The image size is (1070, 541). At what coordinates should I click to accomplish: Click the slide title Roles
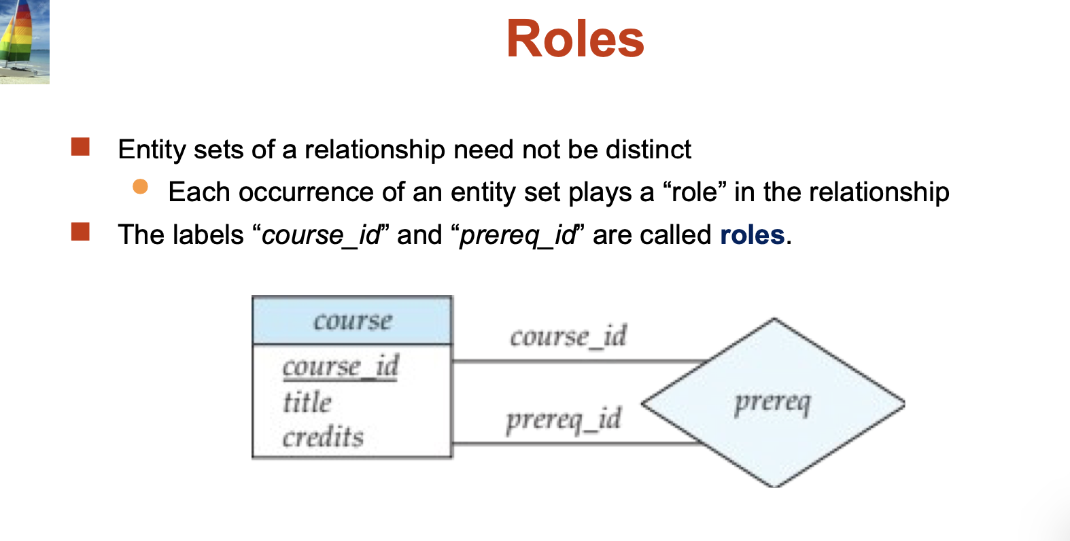click(575, 39)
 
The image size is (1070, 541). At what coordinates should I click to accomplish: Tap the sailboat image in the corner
click(24, 41)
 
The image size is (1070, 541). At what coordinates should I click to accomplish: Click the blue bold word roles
click(753, 235)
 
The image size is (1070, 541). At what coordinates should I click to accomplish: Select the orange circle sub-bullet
click(141, 186)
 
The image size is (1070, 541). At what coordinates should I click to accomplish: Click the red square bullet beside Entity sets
click(80, 147)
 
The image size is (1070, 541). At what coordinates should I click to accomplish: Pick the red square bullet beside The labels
click(80, 232)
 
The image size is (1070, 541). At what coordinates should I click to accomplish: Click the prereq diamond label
click(772, 404)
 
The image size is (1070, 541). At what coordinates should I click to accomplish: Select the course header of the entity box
click(352, 320)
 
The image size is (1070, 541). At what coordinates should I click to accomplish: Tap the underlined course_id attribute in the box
click(340, 367)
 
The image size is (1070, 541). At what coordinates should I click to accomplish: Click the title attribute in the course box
click(307, 402)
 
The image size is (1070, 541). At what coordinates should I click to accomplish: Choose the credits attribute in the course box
click(323, 436)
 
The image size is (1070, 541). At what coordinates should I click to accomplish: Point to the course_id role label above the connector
click(568, 336)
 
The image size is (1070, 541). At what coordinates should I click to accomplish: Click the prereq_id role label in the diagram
click(564, 420)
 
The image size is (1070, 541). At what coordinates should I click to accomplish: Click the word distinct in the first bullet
click(649, 150)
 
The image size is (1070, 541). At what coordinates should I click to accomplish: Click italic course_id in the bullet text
click(321, 235)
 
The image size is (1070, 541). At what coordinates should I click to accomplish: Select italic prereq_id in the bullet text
click(518, 235)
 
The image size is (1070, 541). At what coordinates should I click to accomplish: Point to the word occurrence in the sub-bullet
click(306, 192)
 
